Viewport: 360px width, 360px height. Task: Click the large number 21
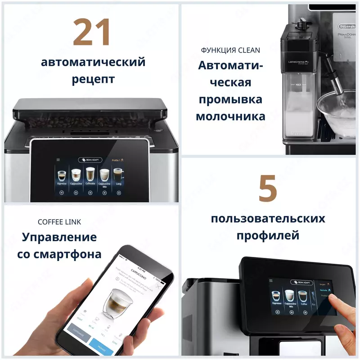(92, 32)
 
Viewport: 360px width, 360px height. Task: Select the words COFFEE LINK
(59, 222)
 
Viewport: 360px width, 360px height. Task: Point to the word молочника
(230, 116)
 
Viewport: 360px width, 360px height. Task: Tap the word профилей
(268, 235)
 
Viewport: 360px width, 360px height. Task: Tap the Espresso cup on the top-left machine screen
(62, 175)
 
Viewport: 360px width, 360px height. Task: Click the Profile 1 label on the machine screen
(118, 160)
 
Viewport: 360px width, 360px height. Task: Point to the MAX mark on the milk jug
(298, 85)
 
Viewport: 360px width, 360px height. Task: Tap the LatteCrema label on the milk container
(297, 62)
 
